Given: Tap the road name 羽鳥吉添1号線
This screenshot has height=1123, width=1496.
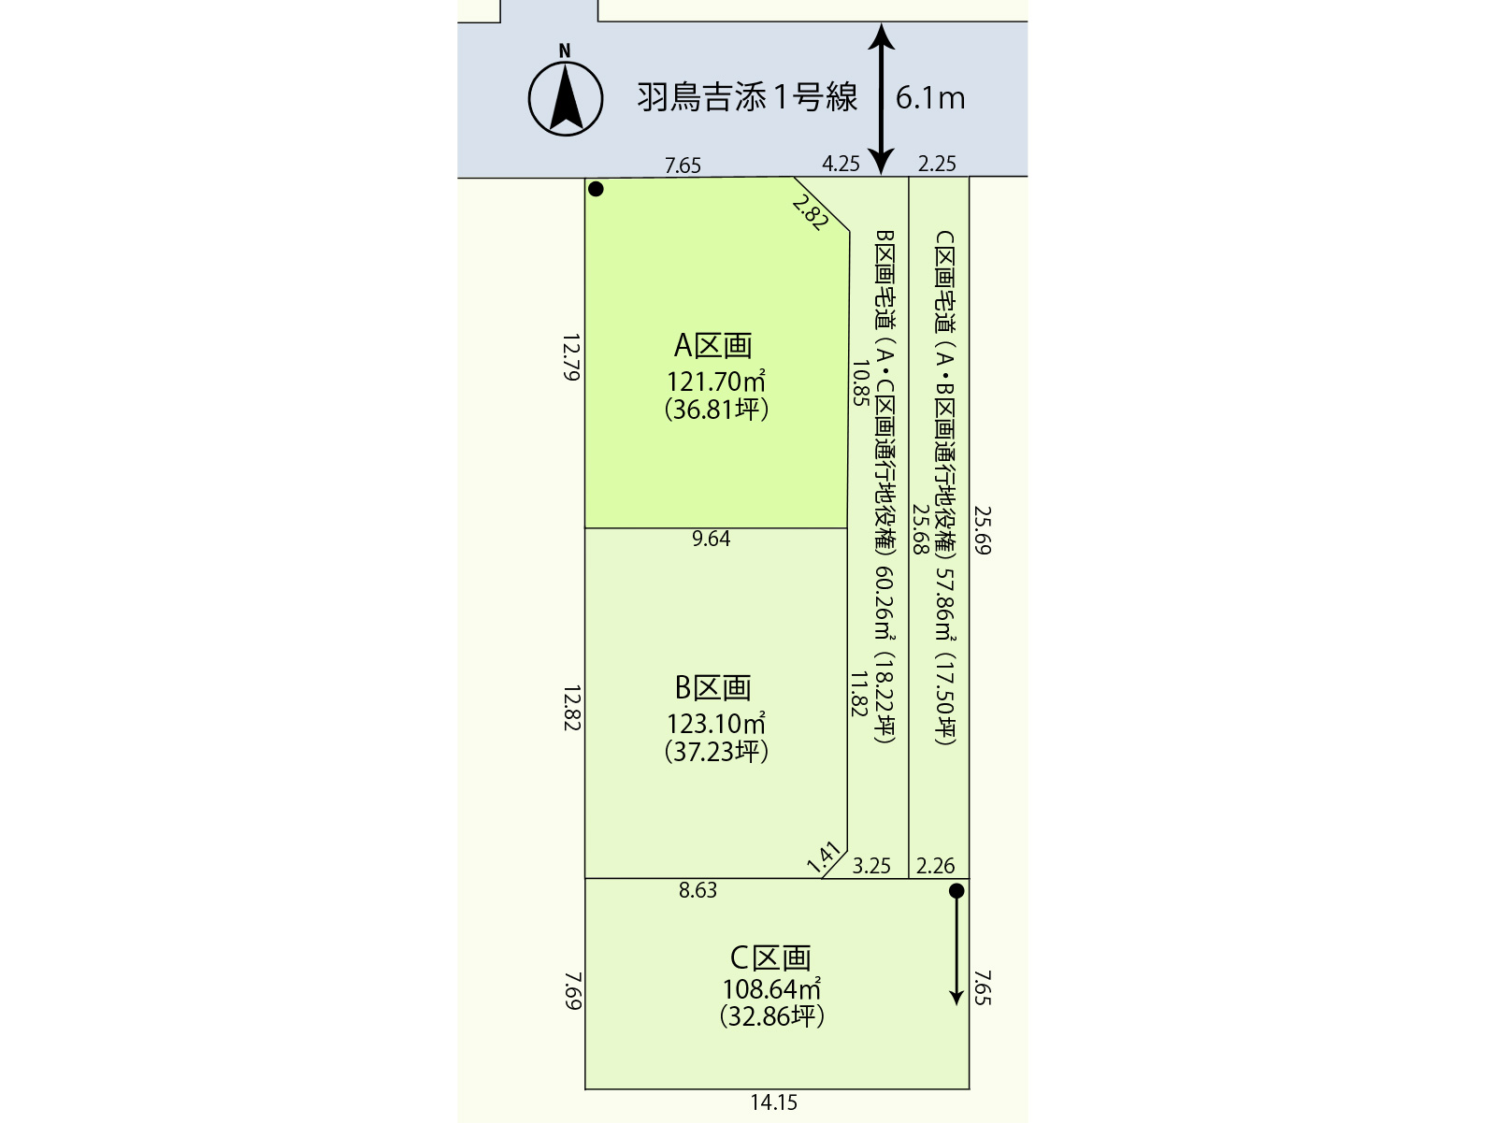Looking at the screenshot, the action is tap(747, 97).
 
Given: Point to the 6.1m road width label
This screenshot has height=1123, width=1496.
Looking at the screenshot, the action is tap(930, 98).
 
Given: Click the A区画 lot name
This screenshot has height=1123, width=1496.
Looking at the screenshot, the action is tap(713, 345).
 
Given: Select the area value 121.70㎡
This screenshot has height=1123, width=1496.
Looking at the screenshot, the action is tap(715, 381).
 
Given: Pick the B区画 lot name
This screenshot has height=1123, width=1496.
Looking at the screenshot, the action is tap(713, 687).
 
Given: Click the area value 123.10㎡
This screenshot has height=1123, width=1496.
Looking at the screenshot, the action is tap(715, 723).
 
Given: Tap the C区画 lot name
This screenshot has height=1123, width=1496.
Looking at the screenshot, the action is tap(770, 958).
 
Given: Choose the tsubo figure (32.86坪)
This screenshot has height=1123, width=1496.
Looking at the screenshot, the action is tap(772, 1016).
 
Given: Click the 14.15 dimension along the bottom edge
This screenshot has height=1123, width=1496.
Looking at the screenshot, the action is tap(773, 1101).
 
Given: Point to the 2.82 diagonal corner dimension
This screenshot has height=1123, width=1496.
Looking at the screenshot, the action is tap(811, 212).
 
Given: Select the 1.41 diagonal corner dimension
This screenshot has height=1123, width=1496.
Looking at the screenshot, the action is tap(824, 857).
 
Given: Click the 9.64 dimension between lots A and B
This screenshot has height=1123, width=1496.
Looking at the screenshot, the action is tap(711, 539).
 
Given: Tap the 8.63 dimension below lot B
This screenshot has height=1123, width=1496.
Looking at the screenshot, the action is tap(698, 890).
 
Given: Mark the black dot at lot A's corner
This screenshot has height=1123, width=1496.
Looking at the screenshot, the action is tap(596, 190).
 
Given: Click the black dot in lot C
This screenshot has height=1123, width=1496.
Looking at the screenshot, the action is tap(957, 890).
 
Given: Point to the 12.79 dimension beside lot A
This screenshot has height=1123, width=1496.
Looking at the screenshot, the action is tap(571, 357).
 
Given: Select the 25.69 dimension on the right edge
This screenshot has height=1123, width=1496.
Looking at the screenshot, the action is tap(982, 530).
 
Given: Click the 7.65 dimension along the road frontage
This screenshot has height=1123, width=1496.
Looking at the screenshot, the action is tap(683, 166).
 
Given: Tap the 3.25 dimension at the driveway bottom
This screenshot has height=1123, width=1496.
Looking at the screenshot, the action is tap(871, 866).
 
